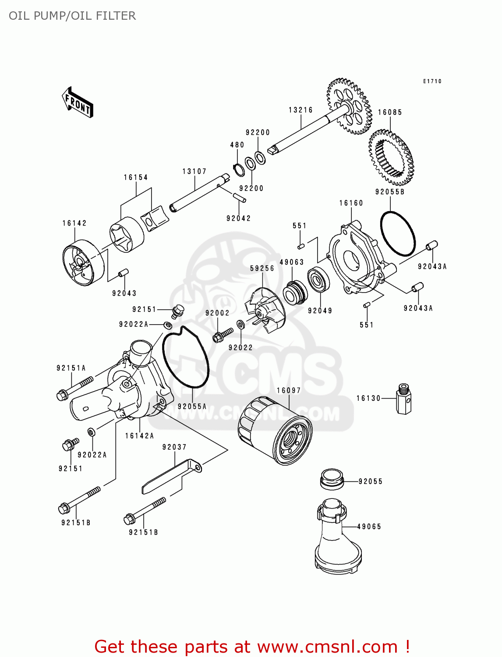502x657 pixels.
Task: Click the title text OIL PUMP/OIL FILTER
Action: coord(72,16)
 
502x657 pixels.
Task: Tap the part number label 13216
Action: coord(300,110)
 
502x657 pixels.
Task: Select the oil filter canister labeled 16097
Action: coord(275,431)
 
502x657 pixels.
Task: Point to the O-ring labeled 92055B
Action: coord(397,233)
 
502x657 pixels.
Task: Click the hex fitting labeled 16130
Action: coord(403,399)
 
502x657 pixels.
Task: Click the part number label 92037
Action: coord(174,447)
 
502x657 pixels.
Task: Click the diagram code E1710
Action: coord(432,81)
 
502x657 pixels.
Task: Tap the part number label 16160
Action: coord(351,203)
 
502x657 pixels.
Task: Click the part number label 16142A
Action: coord(139,435)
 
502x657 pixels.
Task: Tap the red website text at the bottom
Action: coord(252,646)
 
